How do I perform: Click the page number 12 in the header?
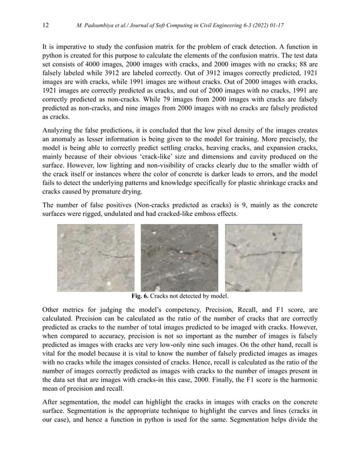click(46, 25)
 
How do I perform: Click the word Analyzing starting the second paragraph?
click(60, 130)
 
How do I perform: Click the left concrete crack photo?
click(95, 257)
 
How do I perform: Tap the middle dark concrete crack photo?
click(179, 257)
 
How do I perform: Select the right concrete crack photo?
click(263, 257)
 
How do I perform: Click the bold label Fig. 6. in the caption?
click(140, 296)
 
